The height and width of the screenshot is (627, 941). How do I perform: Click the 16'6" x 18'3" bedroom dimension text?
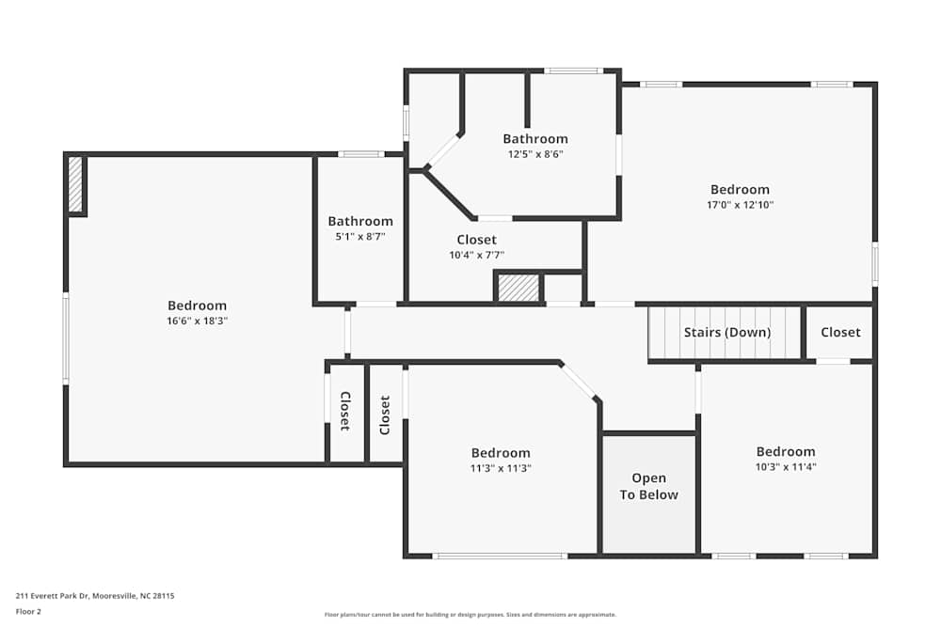click(197, 321)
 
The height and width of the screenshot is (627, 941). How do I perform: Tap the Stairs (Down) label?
click(726, 332)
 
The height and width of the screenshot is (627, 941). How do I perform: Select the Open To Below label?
click(648, 487)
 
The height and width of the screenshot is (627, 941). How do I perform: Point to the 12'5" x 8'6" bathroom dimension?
click(534, 154)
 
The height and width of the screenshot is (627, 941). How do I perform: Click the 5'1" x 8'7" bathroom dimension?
click(360, 237)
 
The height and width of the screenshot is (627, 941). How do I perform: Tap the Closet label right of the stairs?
click(840, 332)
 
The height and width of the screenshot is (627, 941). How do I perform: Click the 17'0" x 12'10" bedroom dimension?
click(740, 205)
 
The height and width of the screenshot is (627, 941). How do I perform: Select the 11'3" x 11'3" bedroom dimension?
click(501, 468)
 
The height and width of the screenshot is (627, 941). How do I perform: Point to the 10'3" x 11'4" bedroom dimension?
click(785, 466)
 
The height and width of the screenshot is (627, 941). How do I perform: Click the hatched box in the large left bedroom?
click(75, 184)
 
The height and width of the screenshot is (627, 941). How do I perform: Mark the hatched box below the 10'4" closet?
click(518, 288)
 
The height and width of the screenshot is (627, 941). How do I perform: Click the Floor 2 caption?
click(28, 611)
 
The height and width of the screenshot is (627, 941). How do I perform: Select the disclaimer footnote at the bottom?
click(470, 615)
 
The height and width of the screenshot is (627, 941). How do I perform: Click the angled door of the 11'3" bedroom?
click(580, 381)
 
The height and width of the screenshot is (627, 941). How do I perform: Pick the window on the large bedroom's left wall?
click(66, 338)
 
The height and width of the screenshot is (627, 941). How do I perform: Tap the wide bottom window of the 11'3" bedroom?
click(500, 556)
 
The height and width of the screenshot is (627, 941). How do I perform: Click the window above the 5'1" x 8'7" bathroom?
click(360, 154)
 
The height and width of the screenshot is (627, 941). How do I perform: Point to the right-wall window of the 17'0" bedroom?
click(874, 264)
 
